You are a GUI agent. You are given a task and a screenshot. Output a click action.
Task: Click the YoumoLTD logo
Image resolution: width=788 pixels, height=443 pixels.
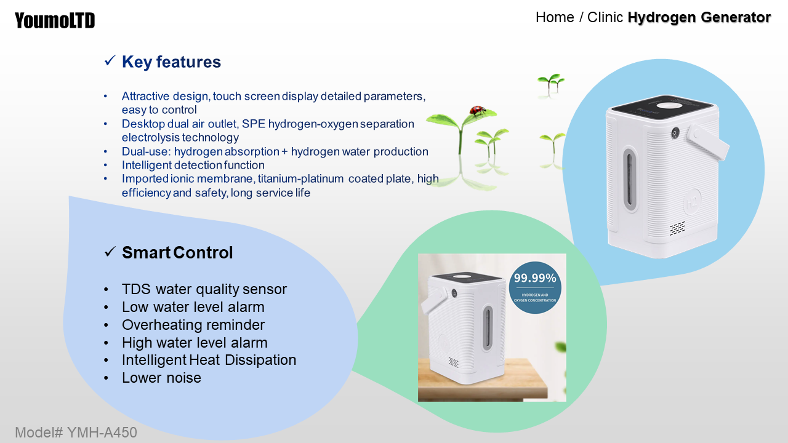tap(55, 20)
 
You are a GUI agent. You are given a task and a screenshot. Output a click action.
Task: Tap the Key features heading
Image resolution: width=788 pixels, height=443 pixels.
tap(171, 62)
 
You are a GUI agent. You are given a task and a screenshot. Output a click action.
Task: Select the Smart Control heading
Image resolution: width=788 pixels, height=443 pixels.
tap(177, 252)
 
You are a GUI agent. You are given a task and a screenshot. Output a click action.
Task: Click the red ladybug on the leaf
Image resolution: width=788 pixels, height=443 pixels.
tap(477, 110)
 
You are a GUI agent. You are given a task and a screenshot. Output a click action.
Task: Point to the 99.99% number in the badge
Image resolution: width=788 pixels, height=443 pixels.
tap(535, 278)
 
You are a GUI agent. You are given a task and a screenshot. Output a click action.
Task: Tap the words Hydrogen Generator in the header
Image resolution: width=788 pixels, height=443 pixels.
tap(699, 17)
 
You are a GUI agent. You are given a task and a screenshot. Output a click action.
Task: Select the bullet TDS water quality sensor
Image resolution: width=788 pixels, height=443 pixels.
tap(204, 289)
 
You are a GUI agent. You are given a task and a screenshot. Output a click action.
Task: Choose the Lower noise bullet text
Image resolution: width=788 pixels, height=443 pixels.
tap(161, 378)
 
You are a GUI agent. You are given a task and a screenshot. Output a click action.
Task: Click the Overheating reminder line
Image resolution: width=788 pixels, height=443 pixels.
tap(193, 325)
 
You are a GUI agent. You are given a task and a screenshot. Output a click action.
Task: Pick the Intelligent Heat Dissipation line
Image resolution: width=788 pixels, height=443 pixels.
tap(209, 360)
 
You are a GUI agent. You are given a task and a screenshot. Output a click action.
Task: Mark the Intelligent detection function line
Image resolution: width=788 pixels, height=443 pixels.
tap(193, 165)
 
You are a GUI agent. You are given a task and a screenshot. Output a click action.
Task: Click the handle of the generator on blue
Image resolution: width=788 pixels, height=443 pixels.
tap(707, 142)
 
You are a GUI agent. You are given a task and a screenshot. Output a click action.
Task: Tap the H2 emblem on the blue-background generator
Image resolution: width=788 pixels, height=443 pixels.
tap(692, 202)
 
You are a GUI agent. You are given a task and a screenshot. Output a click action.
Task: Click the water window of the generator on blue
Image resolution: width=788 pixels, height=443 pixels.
tap(630, 179)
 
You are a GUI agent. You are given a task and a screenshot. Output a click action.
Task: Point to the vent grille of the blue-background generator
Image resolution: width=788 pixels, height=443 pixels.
tap(677, 228)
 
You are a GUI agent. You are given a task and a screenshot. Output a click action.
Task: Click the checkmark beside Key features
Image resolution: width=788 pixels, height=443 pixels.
tap(110, 60)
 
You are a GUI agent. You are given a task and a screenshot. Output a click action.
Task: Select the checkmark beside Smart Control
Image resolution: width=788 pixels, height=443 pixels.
tap(110, 252)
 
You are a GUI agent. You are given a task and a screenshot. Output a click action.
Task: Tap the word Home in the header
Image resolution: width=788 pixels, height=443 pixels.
tap(555, 17)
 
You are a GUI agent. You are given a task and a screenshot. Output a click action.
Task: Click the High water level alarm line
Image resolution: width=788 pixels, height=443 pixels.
tap(195, 343)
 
